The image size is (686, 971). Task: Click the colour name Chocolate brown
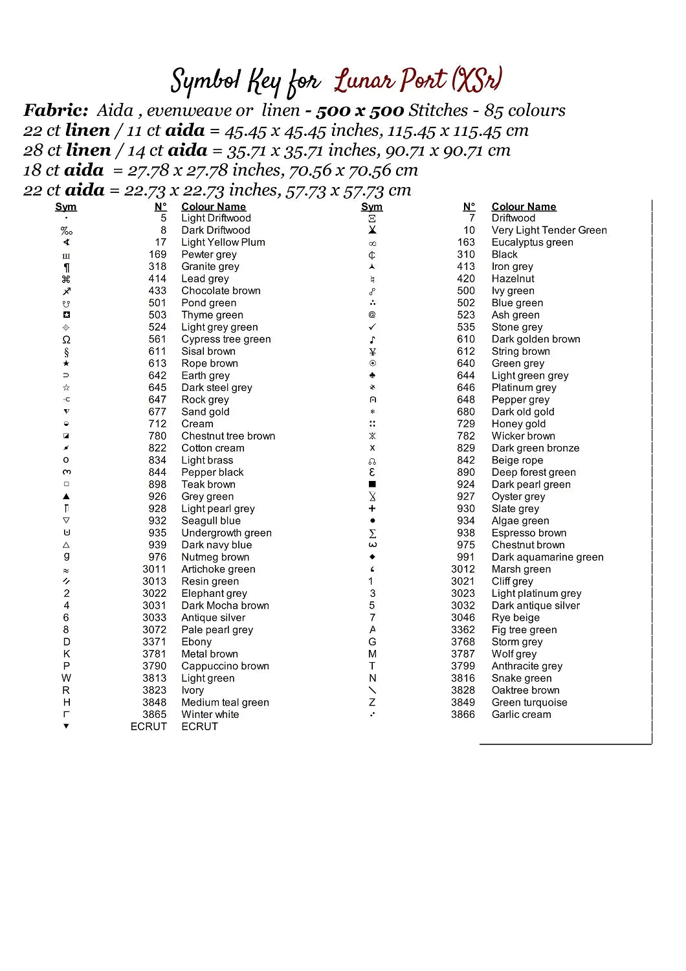[221, 291]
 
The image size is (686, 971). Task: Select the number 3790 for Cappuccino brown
[155, 666]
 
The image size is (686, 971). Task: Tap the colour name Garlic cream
[521, 715]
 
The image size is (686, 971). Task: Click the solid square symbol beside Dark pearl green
[372, 484]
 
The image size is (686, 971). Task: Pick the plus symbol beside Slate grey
[372, 509]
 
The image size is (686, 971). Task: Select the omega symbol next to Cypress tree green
[66, 339]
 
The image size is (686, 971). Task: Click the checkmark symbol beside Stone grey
[372, 327]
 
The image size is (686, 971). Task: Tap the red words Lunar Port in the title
[390, 80]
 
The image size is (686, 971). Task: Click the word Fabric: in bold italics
[56, 110]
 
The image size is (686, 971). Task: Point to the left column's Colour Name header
[214, 206]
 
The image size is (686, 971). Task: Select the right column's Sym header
[371, 206]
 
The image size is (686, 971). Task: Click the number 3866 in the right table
[463, 715]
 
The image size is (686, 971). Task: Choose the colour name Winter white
[210, 715]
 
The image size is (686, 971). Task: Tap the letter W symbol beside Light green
[66, 678]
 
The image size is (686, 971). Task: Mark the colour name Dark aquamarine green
[548, 557]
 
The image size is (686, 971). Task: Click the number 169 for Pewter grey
[157, 254]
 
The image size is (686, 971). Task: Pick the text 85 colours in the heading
[525, 110]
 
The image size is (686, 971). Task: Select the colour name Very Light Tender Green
[549, 230]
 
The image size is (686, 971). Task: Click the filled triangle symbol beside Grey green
[66, 497]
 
